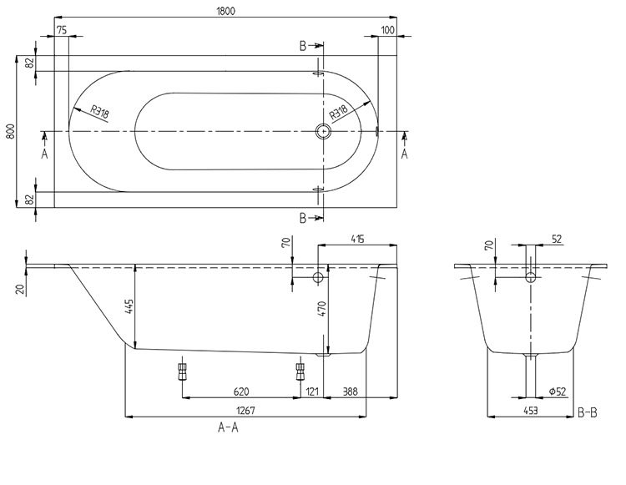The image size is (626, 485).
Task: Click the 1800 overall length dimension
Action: tap(225, 9)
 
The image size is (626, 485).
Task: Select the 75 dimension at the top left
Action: tap(62, 30)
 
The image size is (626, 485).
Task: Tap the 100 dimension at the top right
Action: tap(386, 30)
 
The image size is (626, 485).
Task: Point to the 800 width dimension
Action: tap(10, 132)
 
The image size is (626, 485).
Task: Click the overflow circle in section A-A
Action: tap(317, 277)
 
